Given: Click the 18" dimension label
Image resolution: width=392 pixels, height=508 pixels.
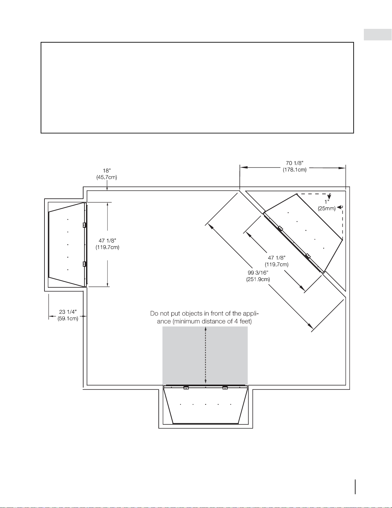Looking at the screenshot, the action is tap(107, 171).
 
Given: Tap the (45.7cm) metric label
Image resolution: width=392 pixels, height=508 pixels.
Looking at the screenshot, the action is tap(107, 178).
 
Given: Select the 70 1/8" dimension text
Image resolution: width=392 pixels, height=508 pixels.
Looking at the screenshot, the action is tap(294, 163).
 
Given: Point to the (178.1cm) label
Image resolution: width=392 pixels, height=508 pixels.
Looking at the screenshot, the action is tap(294, 170).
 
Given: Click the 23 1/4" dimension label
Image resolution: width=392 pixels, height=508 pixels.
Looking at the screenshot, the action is tap(68, 312).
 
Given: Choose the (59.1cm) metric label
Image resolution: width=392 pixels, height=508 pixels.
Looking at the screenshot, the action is tap(68, 318).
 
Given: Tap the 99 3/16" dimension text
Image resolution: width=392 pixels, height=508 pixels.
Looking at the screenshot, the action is tap(258, 272).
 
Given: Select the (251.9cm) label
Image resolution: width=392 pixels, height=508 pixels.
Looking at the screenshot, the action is tap(258, 279).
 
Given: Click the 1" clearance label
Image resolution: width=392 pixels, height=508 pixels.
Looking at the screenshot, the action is tap(327, 202).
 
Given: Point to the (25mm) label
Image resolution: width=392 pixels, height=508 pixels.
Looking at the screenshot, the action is tap(327, 208).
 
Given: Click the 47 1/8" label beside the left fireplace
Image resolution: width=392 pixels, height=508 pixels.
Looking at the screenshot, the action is tap(107, 241).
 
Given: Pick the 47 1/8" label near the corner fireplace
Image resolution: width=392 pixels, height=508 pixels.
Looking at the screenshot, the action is tap(276, 258).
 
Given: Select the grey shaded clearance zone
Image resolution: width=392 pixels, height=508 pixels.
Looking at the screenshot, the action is tap(205, 355).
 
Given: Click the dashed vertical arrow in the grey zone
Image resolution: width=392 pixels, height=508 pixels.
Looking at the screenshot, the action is tap(205, 355).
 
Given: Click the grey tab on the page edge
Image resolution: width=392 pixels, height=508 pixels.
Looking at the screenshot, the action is tap(378, 35).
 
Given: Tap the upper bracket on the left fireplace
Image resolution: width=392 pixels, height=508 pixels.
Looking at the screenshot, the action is tap(84, 225).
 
